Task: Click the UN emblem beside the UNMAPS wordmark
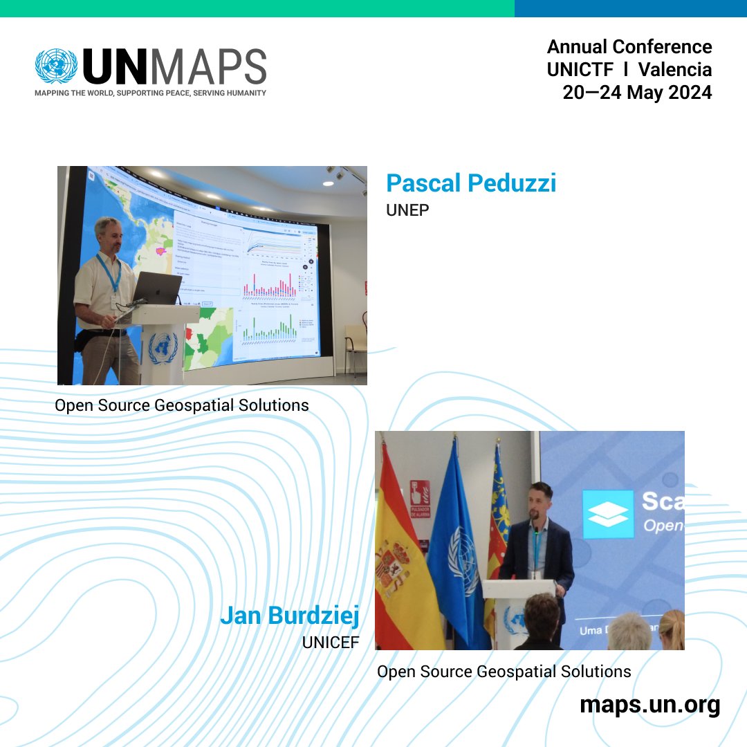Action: tap(56, 67)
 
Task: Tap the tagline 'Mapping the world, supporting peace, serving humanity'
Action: tap(150, 93)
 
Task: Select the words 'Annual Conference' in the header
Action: tap(629, 47)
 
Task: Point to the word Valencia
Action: tap(674, 69)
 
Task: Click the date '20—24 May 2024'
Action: tap(636, 92)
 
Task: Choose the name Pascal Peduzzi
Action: tap(470, 183)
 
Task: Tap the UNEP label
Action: tap(407, 210)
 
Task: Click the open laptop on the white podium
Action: tap(156, 288)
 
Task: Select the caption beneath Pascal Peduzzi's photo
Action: tap(181, 405)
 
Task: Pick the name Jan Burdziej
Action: tap(290, 616)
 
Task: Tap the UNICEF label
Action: tap(331, 642)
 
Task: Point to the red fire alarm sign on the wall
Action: tap(419, 496)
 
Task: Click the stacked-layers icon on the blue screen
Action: tap(607, 514)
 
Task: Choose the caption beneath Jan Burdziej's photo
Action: tap(504, 671)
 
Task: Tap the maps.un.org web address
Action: tap(649, 705)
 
